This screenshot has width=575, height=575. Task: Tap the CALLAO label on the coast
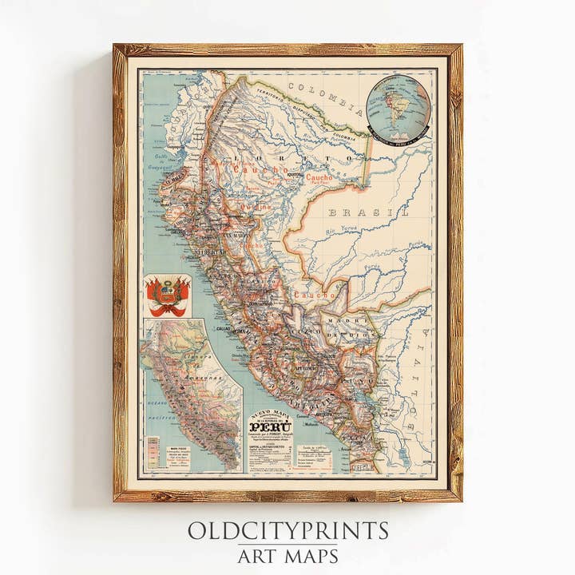pos(223,328)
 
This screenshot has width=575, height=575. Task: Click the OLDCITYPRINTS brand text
pos(287,531)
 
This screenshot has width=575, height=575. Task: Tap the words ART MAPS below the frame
pos(287,556)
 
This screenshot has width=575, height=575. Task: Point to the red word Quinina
pos(256,205)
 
